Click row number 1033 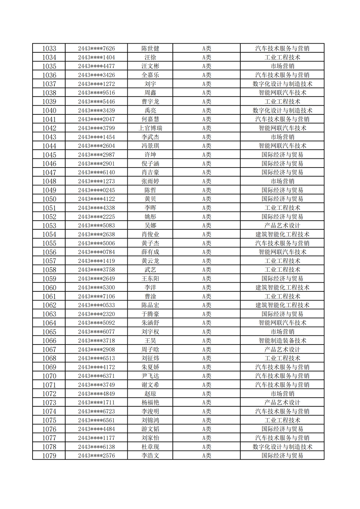[x=49, y=49]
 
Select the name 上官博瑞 [x=150, y=128]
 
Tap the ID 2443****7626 [x=96, y=49]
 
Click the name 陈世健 [x=150, y=49]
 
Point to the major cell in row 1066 [x=282, y=341]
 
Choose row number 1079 [x=49, y=456]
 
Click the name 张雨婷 [x=150, y=181]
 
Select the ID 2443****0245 [x=96, y=190]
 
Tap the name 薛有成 [x=150, y=252]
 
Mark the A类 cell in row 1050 [x=206, y=199]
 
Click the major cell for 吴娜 [x=282, y=226]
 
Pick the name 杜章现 [x=150, y=447]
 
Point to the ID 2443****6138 [x=96, y=447]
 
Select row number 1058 [x=49, y=270]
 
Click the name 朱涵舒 [x=150, y=323]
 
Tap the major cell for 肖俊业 [x=282, y=234]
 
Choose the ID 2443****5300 [x=96, y=288]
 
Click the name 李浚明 [x=150, y=411]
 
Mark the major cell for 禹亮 [x=282, y=110]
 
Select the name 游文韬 [x=150, y=429]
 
